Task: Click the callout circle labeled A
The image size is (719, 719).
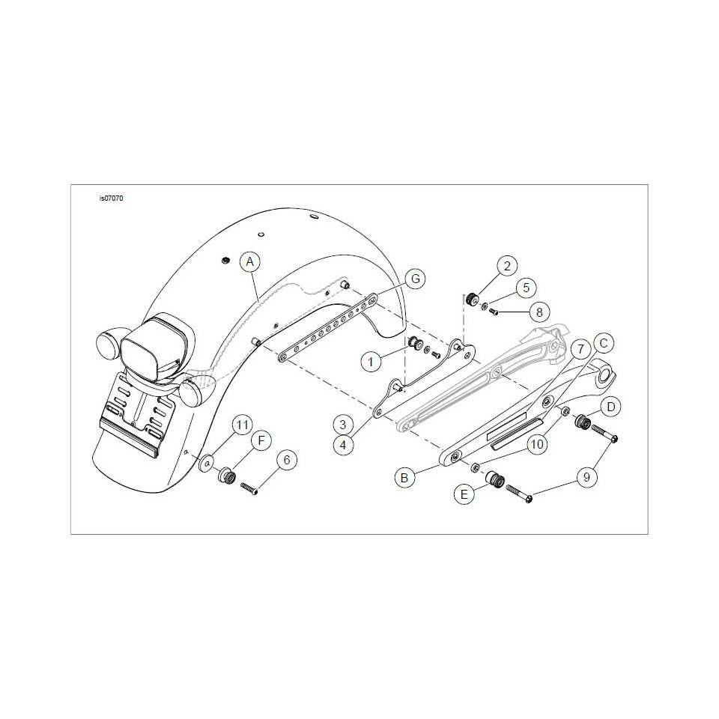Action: pos(250,262)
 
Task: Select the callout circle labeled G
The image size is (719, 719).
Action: pos(416,279)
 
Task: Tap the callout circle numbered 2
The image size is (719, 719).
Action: pos(507,266)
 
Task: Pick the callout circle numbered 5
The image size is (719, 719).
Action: pos(526,288)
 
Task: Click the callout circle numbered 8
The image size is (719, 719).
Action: pos(539,312)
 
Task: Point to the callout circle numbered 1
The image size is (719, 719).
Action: pos(371,362)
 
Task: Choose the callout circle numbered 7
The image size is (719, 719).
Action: pos(580,350)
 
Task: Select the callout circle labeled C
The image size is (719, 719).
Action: pos(604,343)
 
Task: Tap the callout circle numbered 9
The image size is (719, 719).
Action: pos(586,478)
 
